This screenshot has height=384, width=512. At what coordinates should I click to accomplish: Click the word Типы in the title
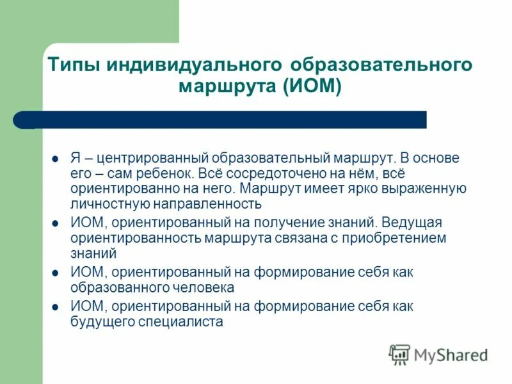tap(73, 66)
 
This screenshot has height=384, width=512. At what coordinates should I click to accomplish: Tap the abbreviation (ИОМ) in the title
tap(312, 86)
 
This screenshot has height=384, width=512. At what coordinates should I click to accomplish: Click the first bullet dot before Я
tap(56, 158)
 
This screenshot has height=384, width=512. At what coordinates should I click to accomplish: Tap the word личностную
tap(109, 204)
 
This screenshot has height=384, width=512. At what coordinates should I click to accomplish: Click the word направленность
tap(207, 204)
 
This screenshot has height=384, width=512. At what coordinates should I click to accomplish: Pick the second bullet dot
tap(56, 223)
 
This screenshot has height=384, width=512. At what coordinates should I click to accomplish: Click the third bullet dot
tap(56, 273)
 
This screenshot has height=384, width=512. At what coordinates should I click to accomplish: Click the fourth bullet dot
tap(56, 307)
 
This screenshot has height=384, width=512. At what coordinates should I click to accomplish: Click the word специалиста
tap(180, 322)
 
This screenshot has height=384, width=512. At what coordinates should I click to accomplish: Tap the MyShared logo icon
tap(400, 354)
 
